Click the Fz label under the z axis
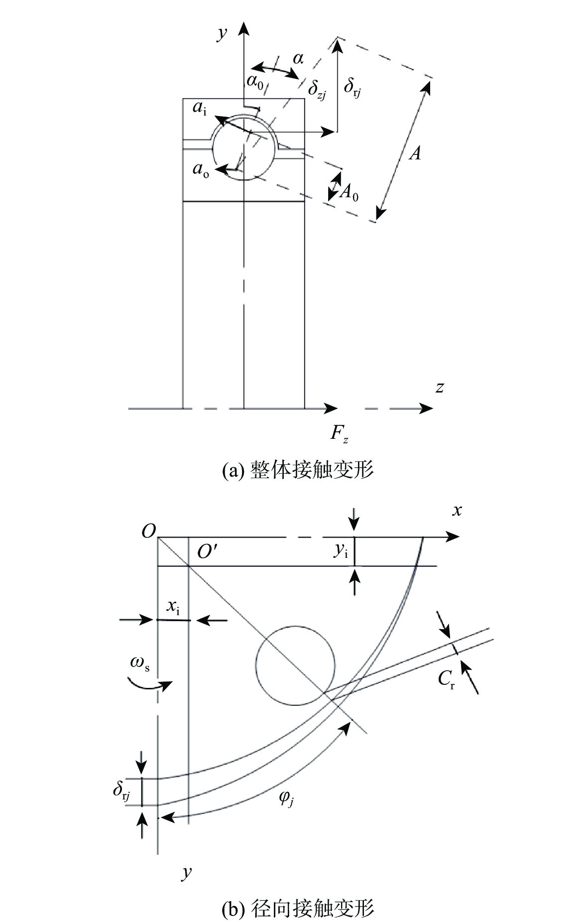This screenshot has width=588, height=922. [x=340, y=433]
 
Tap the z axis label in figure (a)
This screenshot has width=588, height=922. [x=439, y=387]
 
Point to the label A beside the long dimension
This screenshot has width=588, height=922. [x=415, y=153]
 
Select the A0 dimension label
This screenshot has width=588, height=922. [x=349, y=191]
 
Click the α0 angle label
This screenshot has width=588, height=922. [x=255, y=80]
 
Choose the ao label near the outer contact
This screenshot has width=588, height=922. [x=201, y=170]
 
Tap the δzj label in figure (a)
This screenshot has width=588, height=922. [x=317, y=90]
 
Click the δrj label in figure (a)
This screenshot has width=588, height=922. [x=352, y=86]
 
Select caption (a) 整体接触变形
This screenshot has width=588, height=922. [x=297, y=470]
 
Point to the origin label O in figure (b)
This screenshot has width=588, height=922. [x=148, y=531]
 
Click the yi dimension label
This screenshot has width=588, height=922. [x=341, y=550]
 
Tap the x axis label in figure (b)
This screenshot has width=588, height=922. [x=456, y=510]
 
